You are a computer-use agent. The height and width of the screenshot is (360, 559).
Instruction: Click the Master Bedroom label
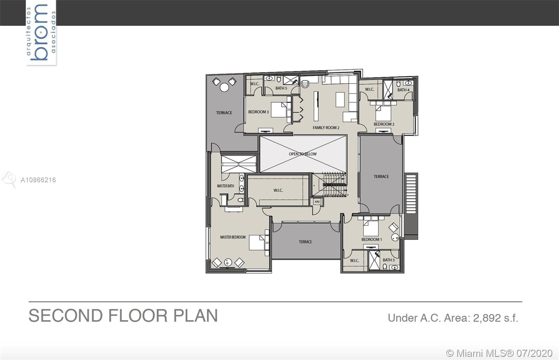click(x=233, y=237)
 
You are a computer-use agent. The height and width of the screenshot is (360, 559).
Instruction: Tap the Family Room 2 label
click(x=326, y=128)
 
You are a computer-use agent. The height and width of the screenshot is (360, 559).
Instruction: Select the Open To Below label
click(x=303, y=154)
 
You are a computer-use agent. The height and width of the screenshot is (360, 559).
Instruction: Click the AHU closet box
click(x=317, y=202)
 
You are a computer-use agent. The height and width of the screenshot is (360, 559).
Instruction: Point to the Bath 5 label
click(x=281, y=88)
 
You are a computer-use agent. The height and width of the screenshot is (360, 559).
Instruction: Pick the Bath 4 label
click(x=403, y=90)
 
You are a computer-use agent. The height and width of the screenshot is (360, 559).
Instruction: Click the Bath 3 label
click(x=389, y=260)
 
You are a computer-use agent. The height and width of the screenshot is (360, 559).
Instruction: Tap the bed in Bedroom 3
click(x=278, y=110)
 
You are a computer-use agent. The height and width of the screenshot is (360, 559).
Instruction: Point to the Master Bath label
click(x=225, y=186)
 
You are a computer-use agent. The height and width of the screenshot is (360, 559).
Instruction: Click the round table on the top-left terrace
click(x=224, y=88)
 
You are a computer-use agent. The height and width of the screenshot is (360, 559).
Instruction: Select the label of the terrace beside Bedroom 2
click(x=381, y=177)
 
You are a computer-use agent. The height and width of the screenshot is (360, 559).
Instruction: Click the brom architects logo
click(x=41, y=32)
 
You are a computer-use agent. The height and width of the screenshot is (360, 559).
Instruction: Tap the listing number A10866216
click(x=38, y=180)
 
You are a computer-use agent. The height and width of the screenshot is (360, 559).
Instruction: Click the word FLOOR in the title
click(x=138, y=316)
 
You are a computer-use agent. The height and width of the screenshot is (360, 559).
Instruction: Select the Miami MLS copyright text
click(x=499, y=353)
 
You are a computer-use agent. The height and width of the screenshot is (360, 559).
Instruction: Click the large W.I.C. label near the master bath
click(x=278, y=191)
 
